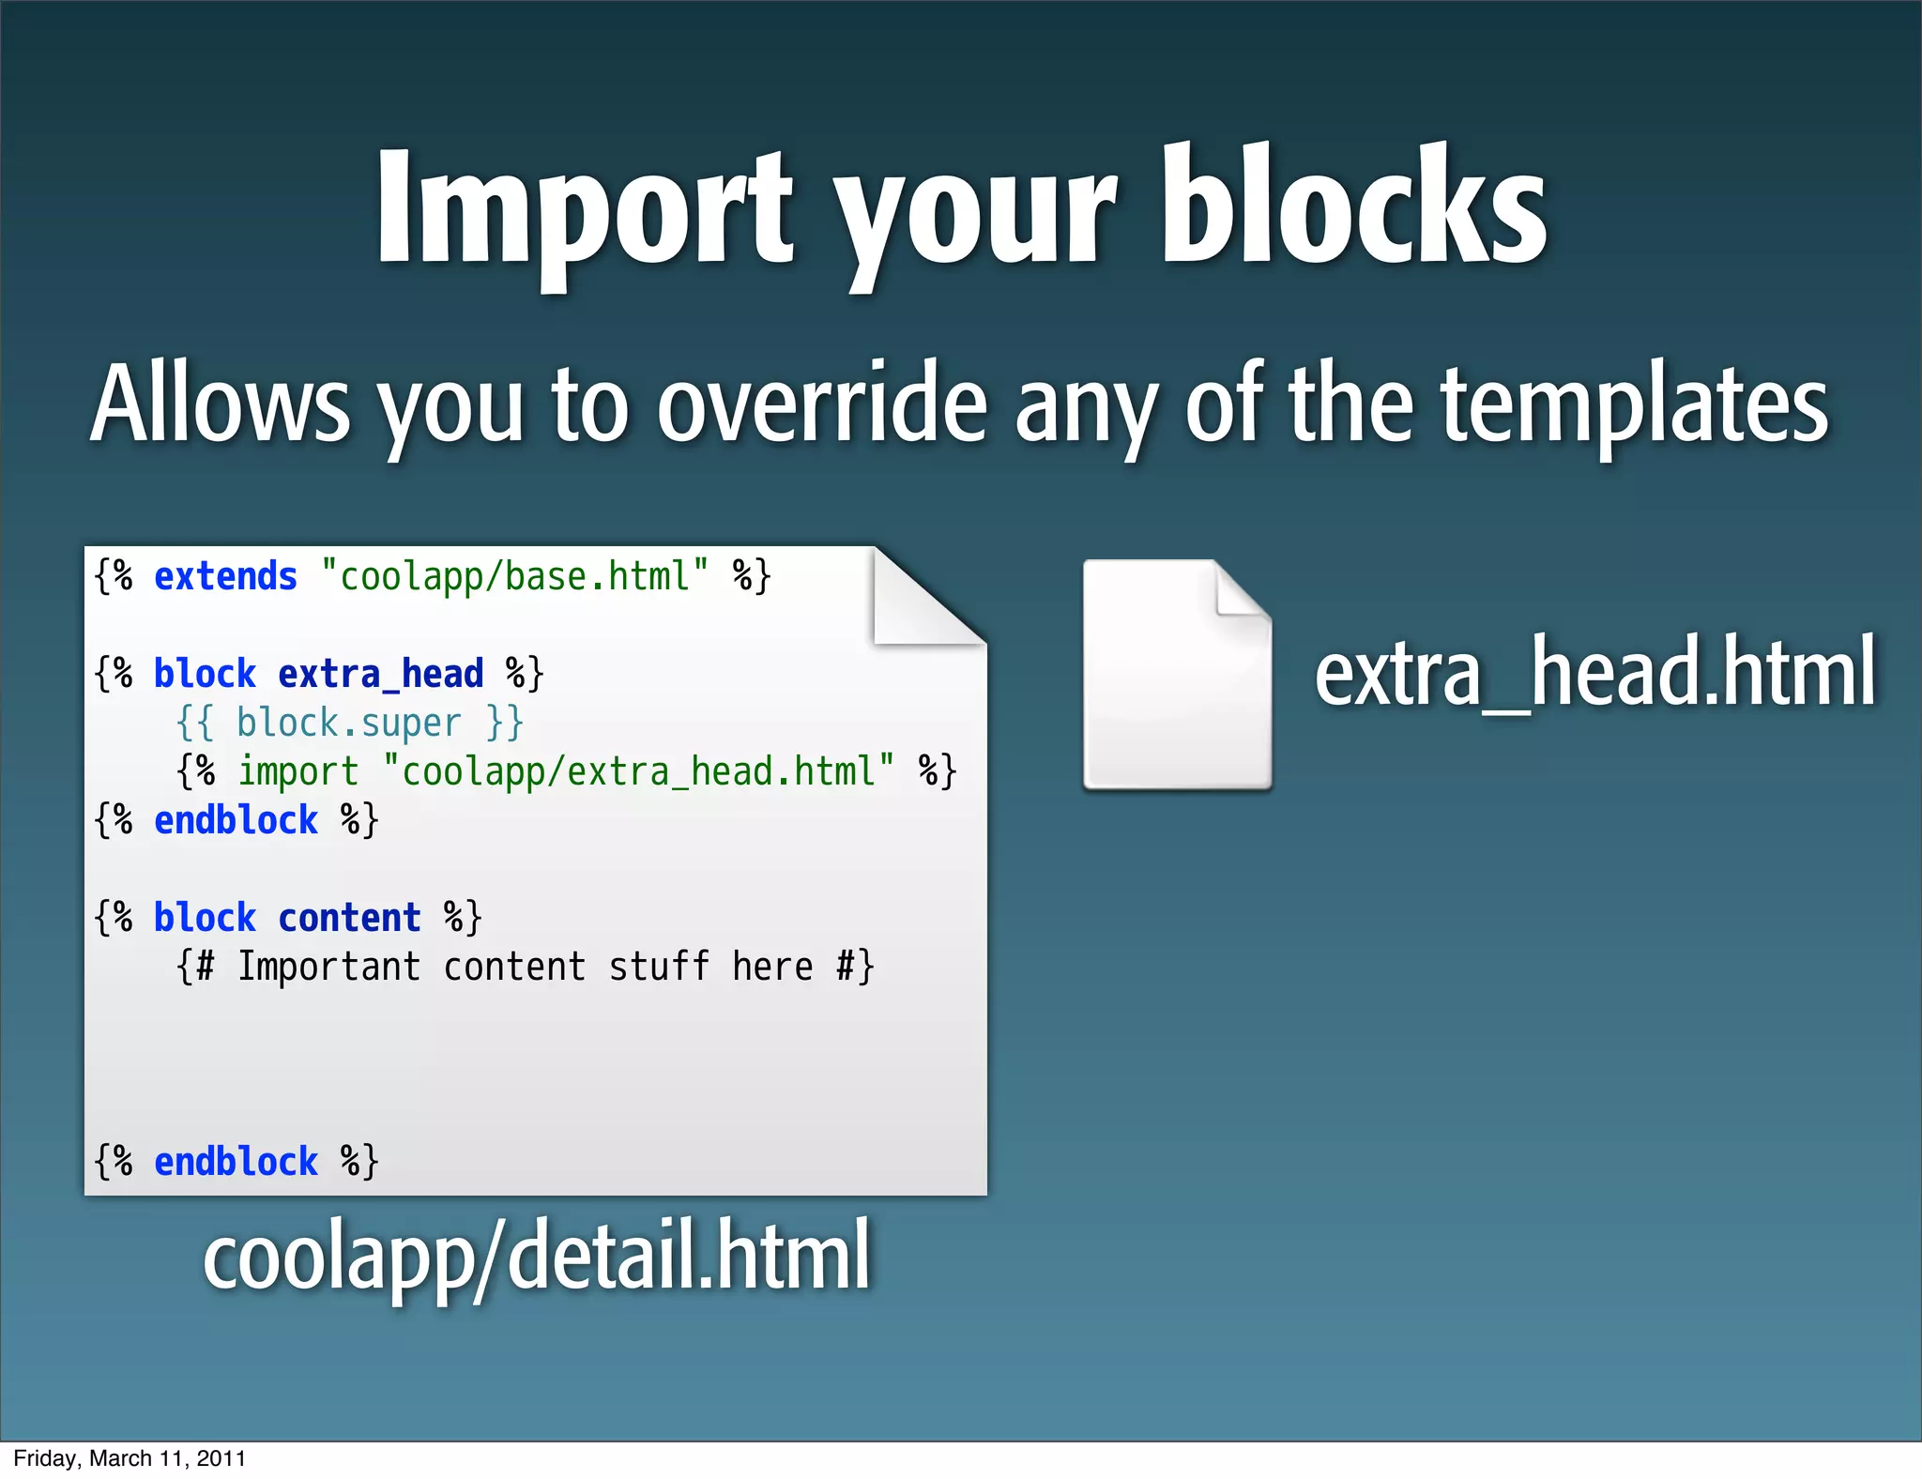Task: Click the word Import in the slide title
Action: point(585,208)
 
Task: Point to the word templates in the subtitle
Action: point(1634,405)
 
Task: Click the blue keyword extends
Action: point(225,576)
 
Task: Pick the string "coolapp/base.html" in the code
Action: point(514,576)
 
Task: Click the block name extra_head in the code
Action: point(380,674)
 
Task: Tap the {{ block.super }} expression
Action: point(349,723)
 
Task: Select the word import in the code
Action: point(297,772)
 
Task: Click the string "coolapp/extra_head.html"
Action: point(638,772)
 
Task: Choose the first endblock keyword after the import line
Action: point(236,820)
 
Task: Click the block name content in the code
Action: point(349,918)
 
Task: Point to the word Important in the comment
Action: point(328,967)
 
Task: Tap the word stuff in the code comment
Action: point(659,967)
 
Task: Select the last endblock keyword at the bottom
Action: point(236,1162)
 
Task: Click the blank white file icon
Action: point(1177,676)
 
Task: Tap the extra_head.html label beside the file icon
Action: point(1594,672)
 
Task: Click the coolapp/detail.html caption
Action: point(537,1256)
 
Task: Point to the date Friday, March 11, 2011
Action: point(130,1458)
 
